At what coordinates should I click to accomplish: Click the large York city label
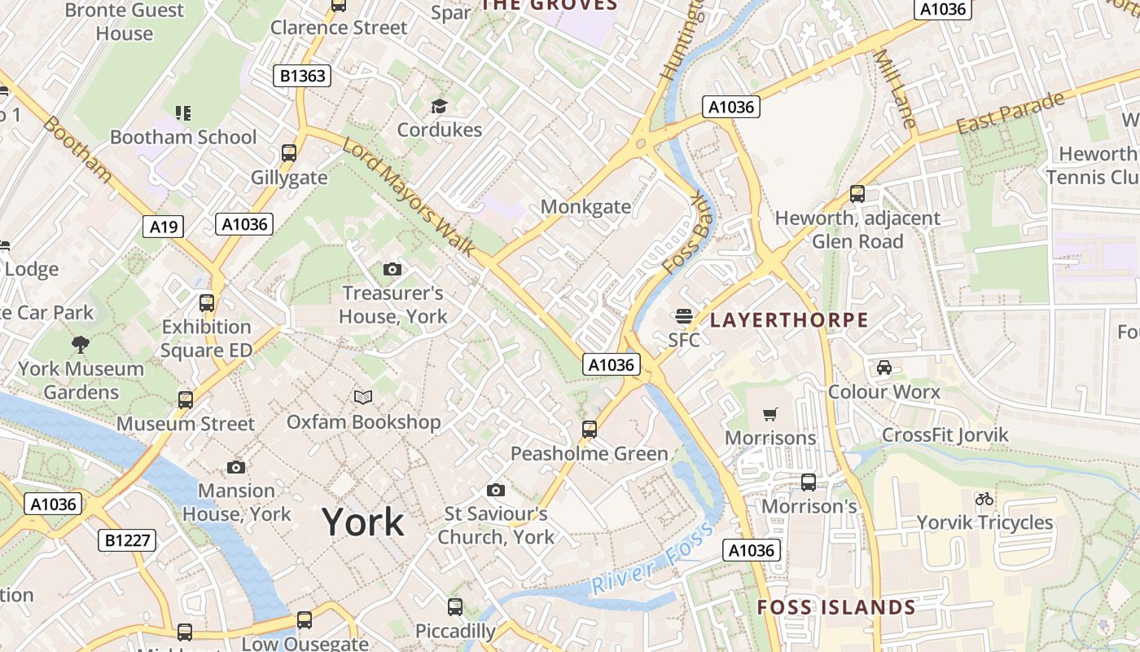click(362, 522)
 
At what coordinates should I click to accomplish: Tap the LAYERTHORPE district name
click(789, 319)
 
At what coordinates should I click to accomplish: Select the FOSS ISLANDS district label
click(836, 607)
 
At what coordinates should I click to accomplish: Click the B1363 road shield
click(302, 76)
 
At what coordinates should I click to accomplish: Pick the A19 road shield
click(164, 226)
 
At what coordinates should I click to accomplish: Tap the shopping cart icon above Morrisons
click(770, 415)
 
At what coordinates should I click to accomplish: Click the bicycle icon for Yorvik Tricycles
click(984, 499)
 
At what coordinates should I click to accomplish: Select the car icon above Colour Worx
click(884, 368)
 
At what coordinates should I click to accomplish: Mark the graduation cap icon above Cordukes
click(439, 106)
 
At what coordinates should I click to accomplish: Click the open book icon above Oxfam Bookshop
click(363, 398)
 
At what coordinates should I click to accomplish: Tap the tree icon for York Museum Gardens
click(81, 345)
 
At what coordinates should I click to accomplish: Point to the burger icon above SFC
click(683, 316)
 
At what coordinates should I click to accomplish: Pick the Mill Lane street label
click(894, 89)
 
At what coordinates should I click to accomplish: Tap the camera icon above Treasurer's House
click(392, 269)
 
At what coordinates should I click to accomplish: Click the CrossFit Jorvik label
click(945, 434)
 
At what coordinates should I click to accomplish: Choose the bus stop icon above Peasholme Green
click(590, 429)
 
